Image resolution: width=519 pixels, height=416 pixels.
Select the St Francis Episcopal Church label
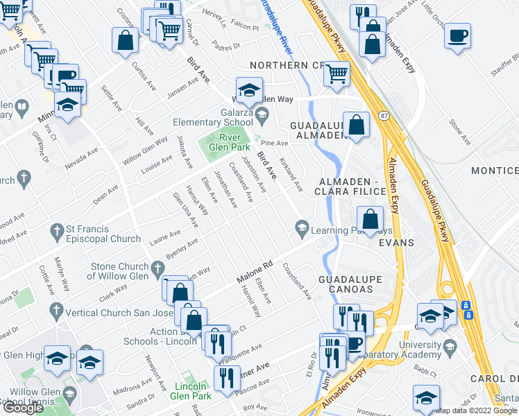[x=104, y=234]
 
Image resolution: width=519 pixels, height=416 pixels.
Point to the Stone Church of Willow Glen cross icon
[x=158, y=266]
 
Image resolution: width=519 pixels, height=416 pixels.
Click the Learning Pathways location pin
[x=302, y=226]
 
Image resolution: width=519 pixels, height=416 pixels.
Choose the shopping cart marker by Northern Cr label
[x=337, y=73]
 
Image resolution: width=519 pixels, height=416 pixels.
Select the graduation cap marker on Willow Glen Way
[x=248, y=91]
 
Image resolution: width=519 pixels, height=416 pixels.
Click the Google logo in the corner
[x=23, y=408]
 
